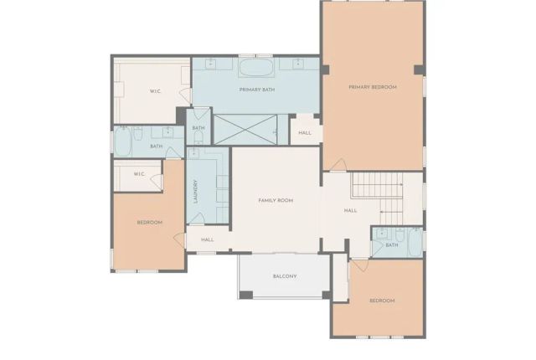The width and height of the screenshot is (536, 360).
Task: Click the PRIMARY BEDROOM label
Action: [373, 87]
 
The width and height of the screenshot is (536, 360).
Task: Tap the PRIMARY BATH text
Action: [257, 90]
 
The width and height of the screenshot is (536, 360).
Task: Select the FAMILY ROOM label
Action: [275, 201]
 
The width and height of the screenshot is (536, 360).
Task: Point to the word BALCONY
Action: [285, 276]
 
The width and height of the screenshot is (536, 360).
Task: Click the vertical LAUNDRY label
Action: [195, 192]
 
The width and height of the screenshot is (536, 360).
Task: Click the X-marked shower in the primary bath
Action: [246, 129]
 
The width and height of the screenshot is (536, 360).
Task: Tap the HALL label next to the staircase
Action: [350, 211]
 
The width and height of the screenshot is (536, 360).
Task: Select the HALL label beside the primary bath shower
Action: [305, 133]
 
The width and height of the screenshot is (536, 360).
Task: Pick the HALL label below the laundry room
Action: [208, 240]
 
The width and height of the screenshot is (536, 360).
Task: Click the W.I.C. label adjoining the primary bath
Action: [156, 90]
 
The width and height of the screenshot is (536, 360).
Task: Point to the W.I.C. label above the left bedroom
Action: [138, 174]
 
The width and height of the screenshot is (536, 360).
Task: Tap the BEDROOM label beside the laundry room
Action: [149, 222]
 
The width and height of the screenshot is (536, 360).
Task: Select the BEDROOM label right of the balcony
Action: [382, 301]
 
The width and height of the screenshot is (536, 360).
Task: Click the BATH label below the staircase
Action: [392, 245]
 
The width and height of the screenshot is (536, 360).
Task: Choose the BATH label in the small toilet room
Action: [198, 128]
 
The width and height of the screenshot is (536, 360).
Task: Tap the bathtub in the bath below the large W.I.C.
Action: [122, 142]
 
